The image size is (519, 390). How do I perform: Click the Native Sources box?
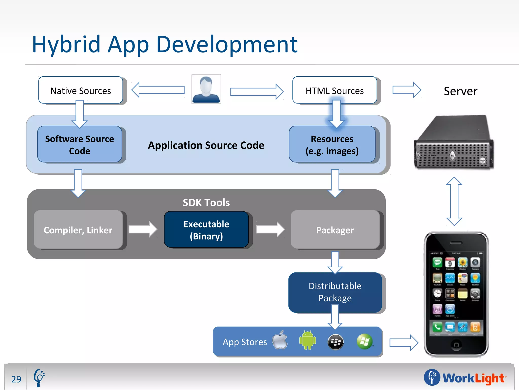point(81,90)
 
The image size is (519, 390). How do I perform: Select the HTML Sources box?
point(335,90)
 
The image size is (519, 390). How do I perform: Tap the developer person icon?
point(206,89)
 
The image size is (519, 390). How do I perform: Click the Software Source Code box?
point(80,144)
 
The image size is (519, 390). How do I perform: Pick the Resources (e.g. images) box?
point(332,144)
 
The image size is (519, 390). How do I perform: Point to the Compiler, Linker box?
point(78,230)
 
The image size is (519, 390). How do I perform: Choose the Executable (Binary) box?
point(206,230)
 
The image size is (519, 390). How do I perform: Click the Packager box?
point(335,230)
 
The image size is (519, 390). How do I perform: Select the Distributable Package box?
point(335,292)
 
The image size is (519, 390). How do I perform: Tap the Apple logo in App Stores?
point(280,340)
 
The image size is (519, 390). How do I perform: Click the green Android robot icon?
point(307,340)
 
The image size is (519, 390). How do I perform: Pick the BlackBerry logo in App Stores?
point(336,342)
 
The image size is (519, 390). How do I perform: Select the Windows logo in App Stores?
point(364,342)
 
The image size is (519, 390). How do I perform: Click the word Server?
point(460,91)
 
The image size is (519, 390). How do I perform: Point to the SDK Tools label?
point(206,203)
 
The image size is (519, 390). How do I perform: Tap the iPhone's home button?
point(456,345)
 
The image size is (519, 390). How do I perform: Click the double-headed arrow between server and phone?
point(454,201)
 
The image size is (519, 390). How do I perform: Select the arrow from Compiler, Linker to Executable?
point(143,229)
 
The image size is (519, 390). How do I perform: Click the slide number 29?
point(16,379)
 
